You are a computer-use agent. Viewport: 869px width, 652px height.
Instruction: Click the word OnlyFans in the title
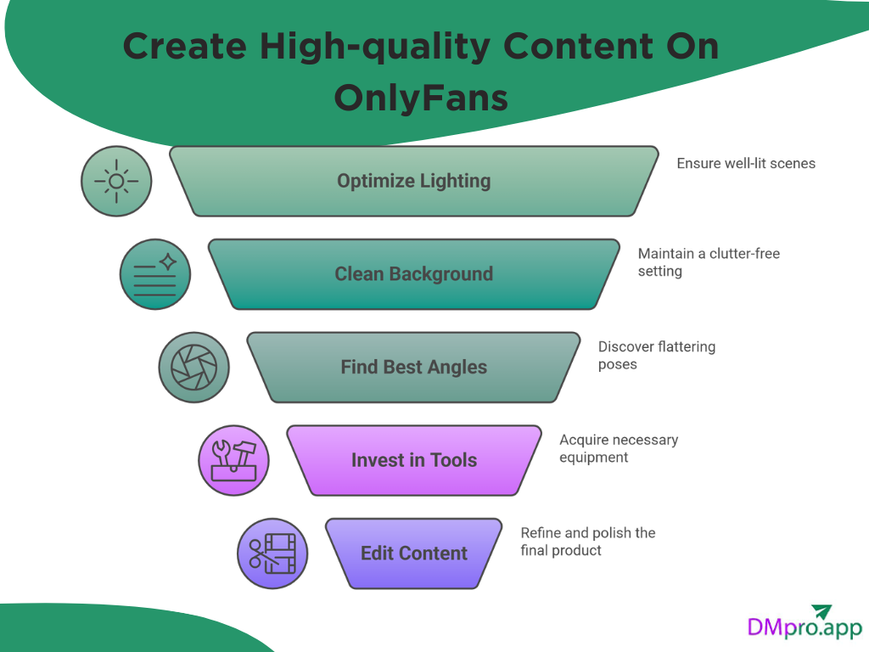(x=421, y=98)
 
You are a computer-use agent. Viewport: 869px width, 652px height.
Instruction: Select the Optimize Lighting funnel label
(x=413, y=181)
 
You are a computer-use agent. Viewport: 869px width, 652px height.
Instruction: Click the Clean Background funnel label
(x=413, y=274)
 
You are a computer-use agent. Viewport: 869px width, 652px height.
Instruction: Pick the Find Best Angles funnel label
(x=413, y=368)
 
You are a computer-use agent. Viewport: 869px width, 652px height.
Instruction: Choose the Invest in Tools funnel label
(x=413, y=460)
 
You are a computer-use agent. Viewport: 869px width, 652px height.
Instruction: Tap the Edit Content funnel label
(x=413, y=554)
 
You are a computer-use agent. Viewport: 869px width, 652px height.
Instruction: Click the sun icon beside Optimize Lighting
(x=116, y=181)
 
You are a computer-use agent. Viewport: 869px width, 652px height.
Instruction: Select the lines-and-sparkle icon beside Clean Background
(x=155, y=274)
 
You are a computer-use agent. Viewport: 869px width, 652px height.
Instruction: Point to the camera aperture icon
(x=194, y=368)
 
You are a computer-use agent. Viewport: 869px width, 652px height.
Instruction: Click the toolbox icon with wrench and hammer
(x=233, y=461)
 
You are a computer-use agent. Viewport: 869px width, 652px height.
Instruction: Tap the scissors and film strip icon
(x=272, y=554)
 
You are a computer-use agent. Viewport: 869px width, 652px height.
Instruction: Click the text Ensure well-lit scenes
(x=745, y=163)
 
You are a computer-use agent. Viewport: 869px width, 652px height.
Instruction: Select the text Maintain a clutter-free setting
(x=708, y=262)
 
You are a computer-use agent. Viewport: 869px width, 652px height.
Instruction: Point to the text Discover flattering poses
(x=656, y=356)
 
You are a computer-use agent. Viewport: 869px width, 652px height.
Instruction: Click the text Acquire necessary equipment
(x=618, y=448)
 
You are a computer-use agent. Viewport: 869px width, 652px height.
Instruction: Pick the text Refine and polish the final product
(x=587, y=542)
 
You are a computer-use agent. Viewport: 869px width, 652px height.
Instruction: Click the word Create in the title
(x=184, y=46)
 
